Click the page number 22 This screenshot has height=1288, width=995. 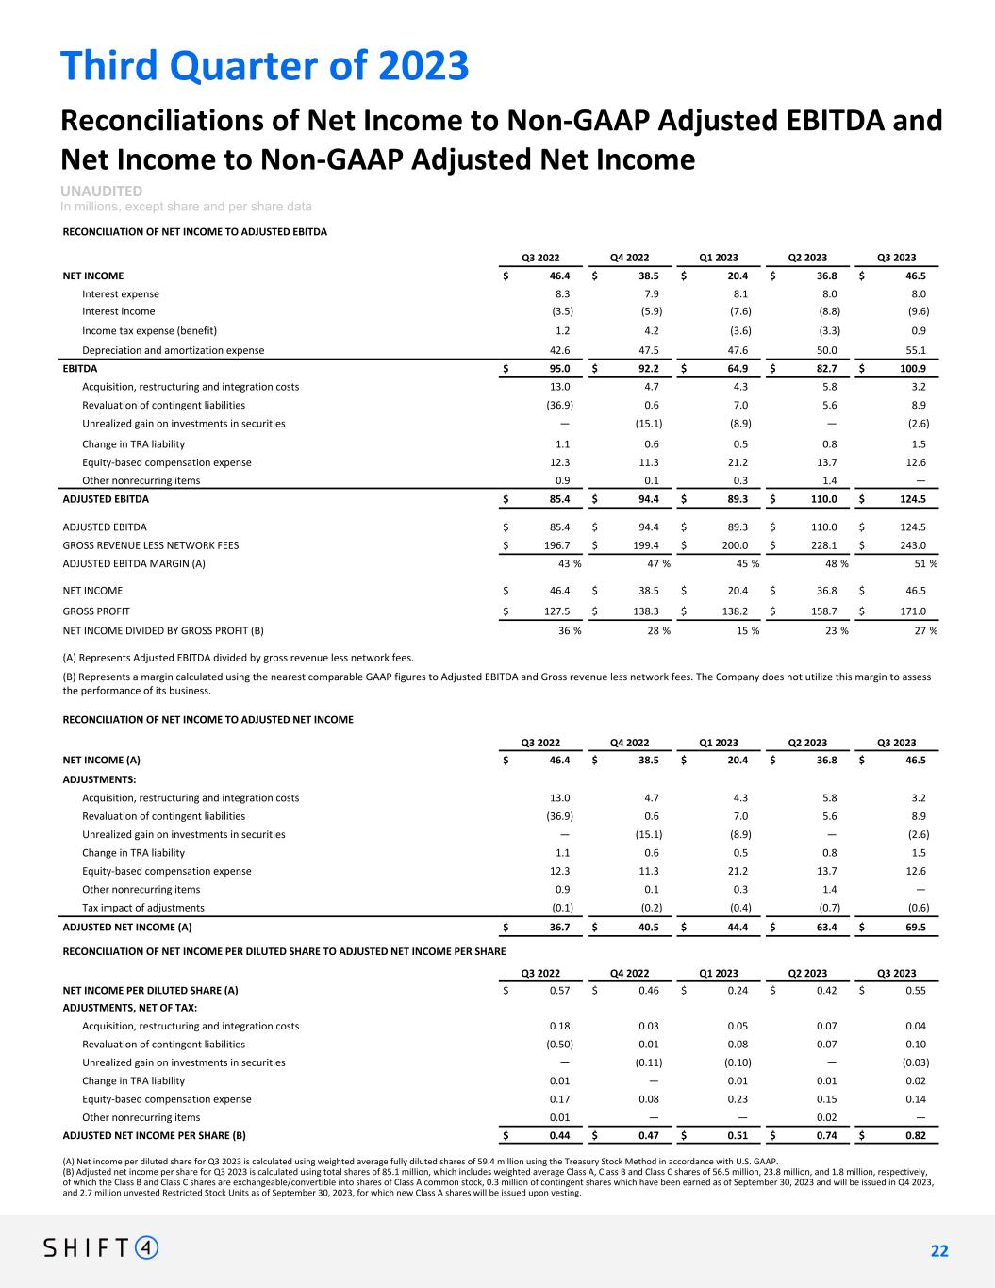tap(939, 1251)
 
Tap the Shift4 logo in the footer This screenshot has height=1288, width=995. tap(102, 1248)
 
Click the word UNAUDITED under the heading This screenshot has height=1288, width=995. tap(102, 192)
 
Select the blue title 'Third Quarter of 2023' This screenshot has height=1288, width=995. tap(265, 65)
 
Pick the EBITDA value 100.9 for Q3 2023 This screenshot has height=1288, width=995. tap(912, 369)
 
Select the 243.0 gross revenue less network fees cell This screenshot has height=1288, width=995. tap(912, 545)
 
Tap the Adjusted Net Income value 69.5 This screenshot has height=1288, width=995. tap(914, 928)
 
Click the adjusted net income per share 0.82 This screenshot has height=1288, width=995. tap(913, 1136)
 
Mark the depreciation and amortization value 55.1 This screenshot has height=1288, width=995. tap(914, 350)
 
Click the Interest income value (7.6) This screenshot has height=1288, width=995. tap(738, 311)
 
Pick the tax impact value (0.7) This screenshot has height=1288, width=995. tap(827, 908)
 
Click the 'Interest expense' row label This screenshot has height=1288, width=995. tap(121, 294)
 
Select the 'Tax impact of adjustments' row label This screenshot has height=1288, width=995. tap(143, 908)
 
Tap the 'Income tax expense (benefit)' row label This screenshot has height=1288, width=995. tap(149, 331)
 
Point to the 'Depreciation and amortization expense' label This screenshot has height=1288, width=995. tap(173, 350)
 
